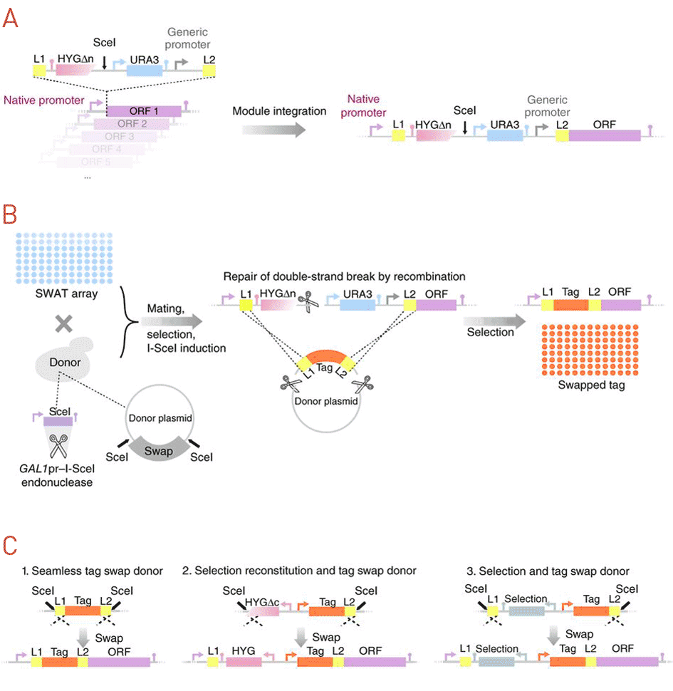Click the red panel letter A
11,17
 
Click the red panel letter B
11,214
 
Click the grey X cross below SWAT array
63,324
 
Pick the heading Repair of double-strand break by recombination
345,276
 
